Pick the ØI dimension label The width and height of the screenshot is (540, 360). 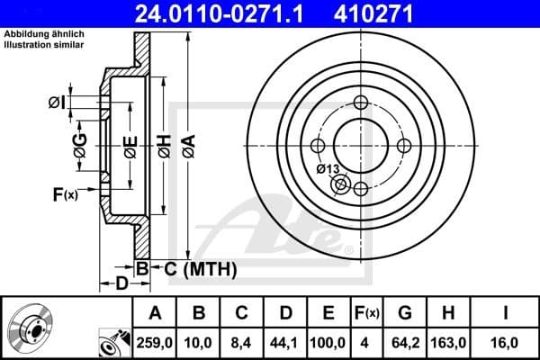tap(57, 103)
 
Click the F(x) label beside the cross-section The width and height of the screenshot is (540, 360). tap(65, 193)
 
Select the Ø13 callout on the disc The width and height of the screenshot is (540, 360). tap(328, 169)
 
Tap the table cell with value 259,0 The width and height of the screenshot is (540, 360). tap(154, 342)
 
